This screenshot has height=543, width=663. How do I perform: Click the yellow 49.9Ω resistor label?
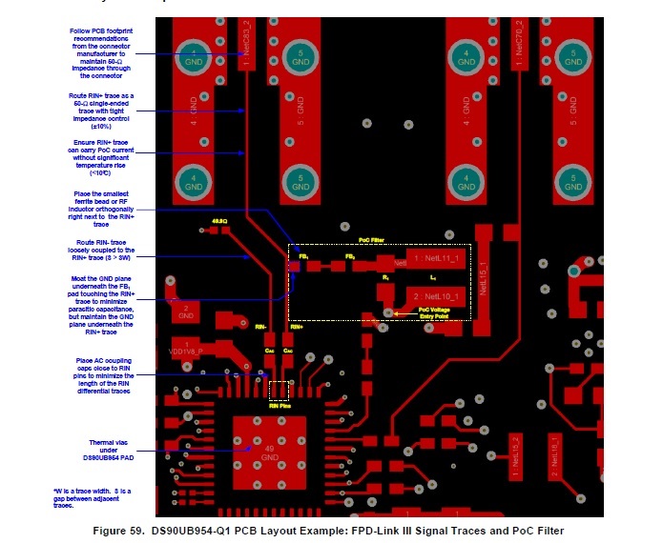click(218, 220)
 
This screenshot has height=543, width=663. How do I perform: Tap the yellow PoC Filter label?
click(370, 240)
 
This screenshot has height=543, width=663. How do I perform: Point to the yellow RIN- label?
click(259, 326)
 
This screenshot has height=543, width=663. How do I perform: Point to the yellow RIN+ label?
click(296, 326)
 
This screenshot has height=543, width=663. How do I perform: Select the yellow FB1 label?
click(303, 257)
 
